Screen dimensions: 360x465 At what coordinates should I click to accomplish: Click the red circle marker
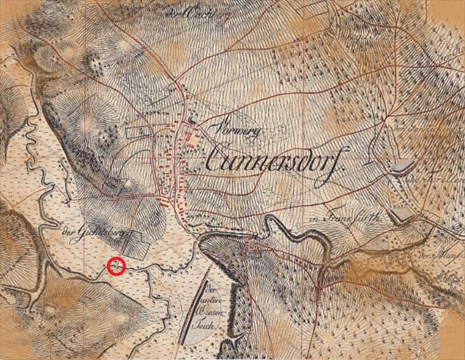(x=116, y=266)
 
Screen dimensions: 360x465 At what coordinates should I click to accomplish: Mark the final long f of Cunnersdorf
(x=335, y=158)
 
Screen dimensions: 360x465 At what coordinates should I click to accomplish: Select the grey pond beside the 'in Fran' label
(x=401, y=214)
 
